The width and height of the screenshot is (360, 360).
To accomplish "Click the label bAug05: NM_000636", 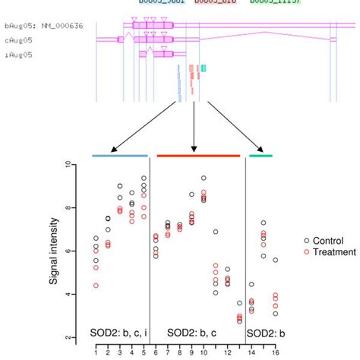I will pos(43,26).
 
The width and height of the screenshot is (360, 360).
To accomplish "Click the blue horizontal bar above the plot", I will pos(120,155).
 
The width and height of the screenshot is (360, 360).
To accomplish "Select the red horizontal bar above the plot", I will pos(198,155).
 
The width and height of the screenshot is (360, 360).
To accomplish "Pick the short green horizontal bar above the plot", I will pos(261,155).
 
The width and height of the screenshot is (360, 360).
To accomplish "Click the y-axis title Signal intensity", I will pos(55,251).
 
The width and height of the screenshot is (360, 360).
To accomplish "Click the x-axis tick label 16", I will pos(276,352).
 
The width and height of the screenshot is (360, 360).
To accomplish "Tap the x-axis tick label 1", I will pos(96,352).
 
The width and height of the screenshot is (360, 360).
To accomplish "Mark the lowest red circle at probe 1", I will pos(96,286).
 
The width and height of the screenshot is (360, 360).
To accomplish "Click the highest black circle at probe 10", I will pos(204,178).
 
